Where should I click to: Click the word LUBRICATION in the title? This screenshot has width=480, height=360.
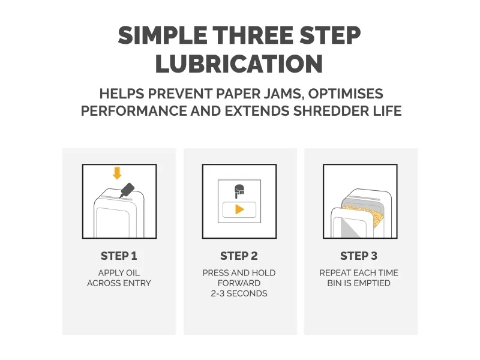(x=239, y=64)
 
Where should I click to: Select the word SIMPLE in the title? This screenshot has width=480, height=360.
(x=163, y=35)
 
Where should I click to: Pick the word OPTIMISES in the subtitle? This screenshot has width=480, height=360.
(x=346, y=94)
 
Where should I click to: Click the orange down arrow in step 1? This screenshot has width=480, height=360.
(x=117, y=173)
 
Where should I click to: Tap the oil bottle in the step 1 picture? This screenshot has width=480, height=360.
(x=127, y=190)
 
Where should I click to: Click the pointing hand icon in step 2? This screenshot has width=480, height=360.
(x=239, y=191)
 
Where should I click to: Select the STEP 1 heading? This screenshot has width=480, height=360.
(x=119, y=256)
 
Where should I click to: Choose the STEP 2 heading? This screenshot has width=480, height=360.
(x=239, y=256)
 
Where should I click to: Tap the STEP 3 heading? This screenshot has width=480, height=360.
(x=359, y=256)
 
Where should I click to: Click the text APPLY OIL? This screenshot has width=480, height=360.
(x=119, y=273)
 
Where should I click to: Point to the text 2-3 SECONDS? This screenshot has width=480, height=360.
(x=239, y=293)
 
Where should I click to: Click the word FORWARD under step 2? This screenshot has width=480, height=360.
(x=239, y=283)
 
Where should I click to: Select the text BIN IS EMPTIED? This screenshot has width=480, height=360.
(x=359, y=283)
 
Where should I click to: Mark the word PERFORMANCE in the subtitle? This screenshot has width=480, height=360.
(x=134, y=111)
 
